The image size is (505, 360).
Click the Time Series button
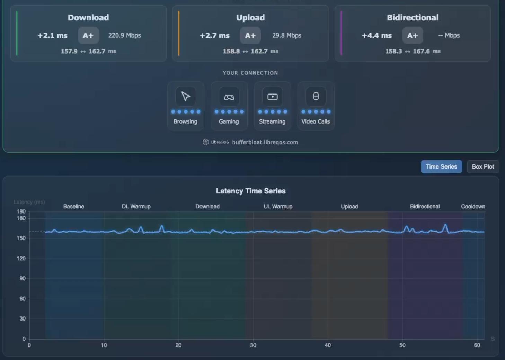click(441, 167)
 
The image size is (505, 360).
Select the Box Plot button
click(483, 167)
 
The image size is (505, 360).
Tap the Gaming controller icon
click(229, 97)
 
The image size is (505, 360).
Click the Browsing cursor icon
click(186, 97)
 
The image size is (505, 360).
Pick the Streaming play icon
click(272, 97)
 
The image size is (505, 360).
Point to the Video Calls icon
click(316, 97)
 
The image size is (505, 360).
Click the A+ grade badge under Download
click(88, 35)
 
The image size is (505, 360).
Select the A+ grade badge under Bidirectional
click(413, 35)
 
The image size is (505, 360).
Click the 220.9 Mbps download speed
click(125, 35)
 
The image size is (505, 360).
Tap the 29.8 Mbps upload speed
click(287, 35)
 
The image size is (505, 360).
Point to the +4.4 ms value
click(377, 36)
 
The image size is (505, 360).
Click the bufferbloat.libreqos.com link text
click(265, 142)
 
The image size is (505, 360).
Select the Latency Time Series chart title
click(251, 191)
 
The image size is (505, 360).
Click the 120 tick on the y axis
click(21, 258)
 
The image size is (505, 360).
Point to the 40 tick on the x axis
click(328, 345)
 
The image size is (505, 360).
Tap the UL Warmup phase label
click(278, 207)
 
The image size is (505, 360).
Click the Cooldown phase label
click(473, 207)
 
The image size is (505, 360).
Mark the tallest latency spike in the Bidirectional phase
click(445, 224)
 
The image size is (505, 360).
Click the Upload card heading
click(250, 18)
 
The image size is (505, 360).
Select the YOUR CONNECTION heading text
click(250, 73)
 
